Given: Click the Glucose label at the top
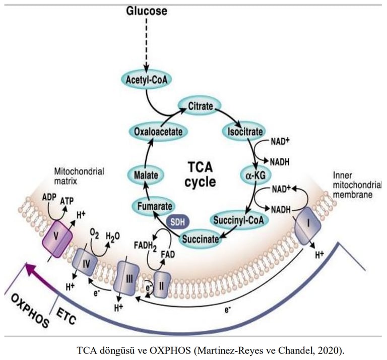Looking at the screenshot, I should tap(146, 11).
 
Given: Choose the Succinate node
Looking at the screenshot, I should tap(201, 238).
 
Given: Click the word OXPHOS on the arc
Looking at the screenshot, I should tap(28, 307).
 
